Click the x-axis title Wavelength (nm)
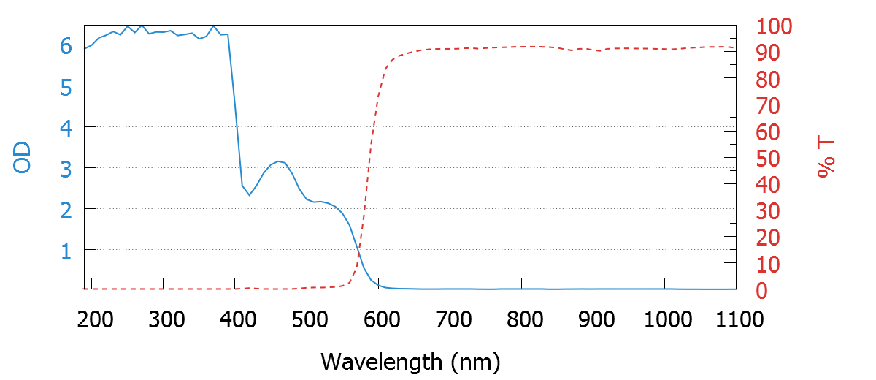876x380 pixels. (410, 361)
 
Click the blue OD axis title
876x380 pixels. (23, 158)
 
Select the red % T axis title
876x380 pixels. (826, 158)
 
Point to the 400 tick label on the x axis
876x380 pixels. (235, 319)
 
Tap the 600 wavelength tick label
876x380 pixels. (379, 319)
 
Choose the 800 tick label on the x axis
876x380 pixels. (522, 319)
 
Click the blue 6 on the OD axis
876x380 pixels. (66, 46)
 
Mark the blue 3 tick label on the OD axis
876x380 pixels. (66, 168)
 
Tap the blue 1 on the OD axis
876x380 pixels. (66, 251)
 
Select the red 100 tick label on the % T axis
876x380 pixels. (774, 28)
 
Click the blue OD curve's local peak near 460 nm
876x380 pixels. (278, 161)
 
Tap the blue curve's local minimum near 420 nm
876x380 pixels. (249, 195)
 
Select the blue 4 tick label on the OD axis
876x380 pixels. (66, 127)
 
